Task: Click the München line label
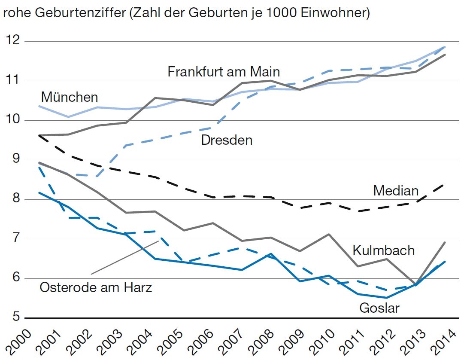click(70, 97)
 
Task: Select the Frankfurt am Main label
click(224, 71)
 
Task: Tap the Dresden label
click(227, 140)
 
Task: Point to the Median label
click(395, 190)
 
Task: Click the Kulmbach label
click(383, 250)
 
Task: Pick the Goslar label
click(379, 308)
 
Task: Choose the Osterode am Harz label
click(96, 287)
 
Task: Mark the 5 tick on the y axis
click(15, 317)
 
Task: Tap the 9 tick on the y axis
click(15, 159)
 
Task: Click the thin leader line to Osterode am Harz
click(124, 257)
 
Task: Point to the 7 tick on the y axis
click(15, 238)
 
